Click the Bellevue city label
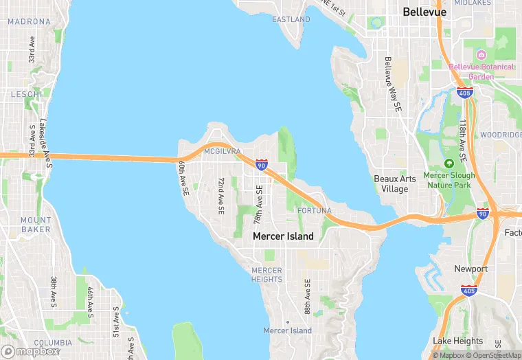(424, 12)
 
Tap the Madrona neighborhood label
(29, 22)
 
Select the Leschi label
(27, 93)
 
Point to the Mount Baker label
(35, 224)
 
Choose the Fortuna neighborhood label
(315, 210)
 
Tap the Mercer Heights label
(266, 275)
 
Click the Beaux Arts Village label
(395, 184)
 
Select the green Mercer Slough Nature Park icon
(449, 164)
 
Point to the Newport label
(471, 269)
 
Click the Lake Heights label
(457, 341)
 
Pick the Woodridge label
(501, 135)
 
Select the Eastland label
(291, 19)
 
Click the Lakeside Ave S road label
(45, 141)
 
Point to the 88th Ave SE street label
(308, 295)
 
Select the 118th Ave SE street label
(464, 142)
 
